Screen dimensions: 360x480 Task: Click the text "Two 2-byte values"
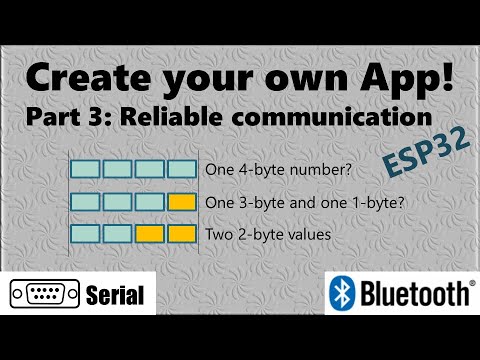(x=255, y=236)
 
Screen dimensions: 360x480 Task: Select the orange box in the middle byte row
(x=182, y=203)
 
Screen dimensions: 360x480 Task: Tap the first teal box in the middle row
(x=87, y=203)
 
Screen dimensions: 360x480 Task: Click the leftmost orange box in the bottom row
(x=150, y=236)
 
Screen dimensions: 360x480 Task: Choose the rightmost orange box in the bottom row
(x=182, y=236)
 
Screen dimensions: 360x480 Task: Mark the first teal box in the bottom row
(x=87, y=236)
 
